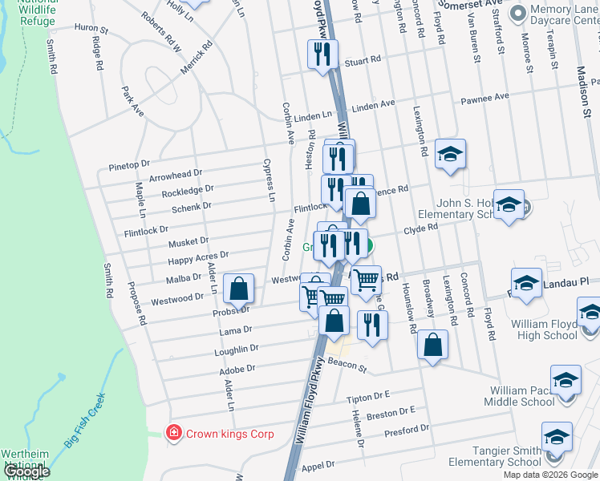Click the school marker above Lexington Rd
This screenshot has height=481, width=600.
pos(450,154)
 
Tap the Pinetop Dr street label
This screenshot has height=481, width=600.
pos(129,165)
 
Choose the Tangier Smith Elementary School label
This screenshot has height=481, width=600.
pos(494,455)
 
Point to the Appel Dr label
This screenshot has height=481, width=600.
pos(318,465)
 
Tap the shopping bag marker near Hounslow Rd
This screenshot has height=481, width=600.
pos(432,346)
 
